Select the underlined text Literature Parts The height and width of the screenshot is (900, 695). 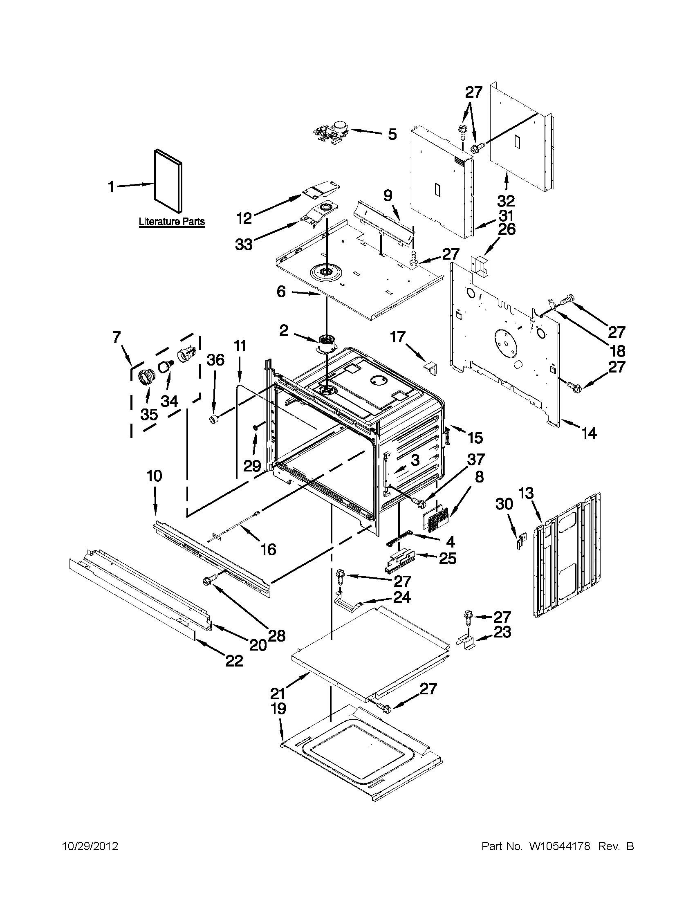point(171,222)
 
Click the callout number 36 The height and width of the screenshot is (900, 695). point(215,360)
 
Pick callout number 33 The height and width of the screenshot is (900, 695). point(244,245)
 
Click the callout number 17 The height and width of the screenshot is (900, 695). point(398,337)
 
